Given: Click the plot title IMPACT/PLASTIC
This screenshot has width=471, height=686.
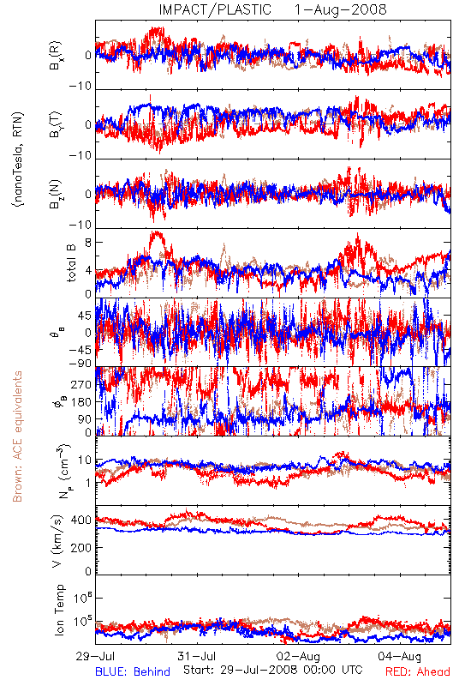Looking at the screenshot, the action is [215, 9].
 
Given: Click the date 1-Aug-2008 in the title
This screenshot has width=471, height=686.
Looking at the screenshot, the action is [340, 9].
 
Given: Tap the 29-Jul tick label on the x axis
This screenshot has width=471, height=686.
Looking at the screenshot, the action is [95, 656].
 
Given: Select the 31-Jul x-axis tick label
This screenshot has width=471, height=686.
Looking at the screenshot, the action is [197, 656].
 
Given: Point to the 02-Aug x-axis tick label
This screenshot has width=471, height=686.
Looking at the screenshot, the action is [298, 656].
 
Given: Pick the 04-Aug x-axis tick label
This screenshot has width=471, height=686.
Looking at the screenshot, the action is [400, 656].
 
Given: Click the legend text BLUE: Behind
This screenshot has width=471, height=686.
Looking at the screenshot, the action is [133, 671].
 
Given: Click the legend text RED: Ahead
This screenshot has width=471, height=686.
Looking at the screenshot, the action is [418, 671].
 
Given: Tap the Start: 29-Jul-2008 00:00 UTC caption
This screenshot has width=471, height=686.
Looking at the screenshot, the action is [273, 670].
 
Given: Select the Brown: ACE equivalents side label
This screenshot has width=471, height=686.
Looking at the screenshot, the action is [17, 436].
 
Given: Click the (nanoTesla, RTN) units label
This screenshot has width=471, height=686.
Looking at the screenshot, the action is [18, 159].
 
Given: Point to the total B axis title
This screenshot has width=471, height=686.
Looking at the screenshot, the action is [71, 263].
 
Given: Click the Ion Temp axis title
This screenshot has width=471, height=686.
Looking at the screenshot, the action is [59, 610].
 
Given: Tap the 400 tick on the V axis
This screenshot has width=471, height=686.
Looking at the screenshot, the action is [81, 521].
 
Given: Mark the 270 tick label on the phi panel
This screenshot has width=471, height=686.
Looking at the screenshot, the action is [81, 385].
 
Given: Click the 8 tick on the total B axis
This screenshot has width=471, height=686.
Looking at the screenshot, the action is [88, 243].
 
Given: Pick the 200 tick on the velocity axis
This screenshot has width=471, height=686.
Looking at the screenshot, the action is [81, 547].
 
